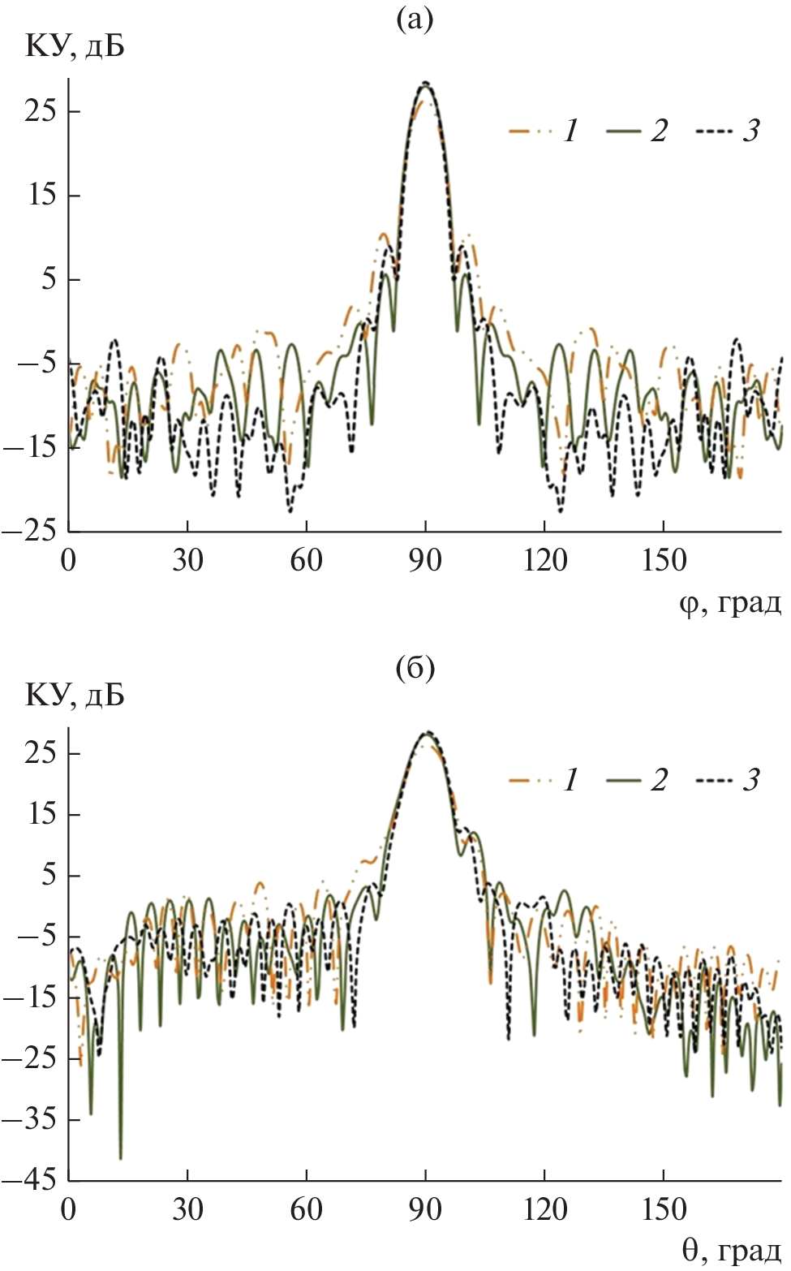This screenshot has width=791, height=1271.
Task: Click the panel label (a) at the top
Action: pos(415,19)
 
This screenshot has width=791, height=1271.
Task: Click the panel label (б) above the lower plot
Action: pos(415,668)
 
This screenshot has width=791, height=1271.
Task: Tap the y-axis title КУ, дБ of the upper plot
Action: pos(75,47)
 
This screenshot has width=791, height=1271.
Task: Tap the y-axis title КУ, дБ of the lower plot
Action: pos(75,696)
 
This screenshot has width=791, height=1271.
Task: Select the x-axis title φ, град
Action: pos(730,603)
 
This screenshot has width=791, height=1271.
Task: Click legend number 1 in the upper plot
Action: pos(571,131)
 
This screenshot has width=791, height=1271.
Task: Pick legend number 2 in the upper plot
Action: pos(659,131)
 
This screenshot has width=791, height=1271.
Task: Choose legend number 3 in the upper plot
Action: pos(751,131)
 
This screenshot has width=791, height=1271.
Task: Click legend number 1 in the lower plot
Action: pos(571,780)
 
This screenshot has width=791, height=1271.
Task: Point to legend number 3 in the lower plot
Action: pos(751,780)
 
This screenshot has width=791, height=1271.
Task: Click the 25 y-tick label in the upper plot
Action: pos(41,110)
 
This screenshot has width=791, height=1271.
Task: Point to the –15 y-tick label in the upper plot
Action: pos(30,446)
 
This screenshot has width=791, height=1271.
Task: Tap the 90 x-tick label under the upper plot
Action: pos(425,561)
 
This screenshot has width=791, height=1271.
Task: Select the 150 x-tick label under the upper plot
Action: pos(664,561)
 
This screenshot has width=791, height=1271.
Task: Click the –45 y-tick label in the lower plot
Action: pos(30,1179)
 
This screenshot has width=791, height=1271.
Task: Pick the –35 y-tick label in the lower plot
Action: pos(30,1119)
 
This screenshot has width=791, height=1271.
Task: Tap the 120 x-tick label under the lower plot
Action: pos(544,1209)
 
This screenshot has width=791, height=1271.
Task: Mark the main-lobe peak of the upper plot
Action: pos(425,84)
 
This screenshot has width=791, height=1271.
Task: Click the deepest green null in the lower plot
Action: pos(120,1157)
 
